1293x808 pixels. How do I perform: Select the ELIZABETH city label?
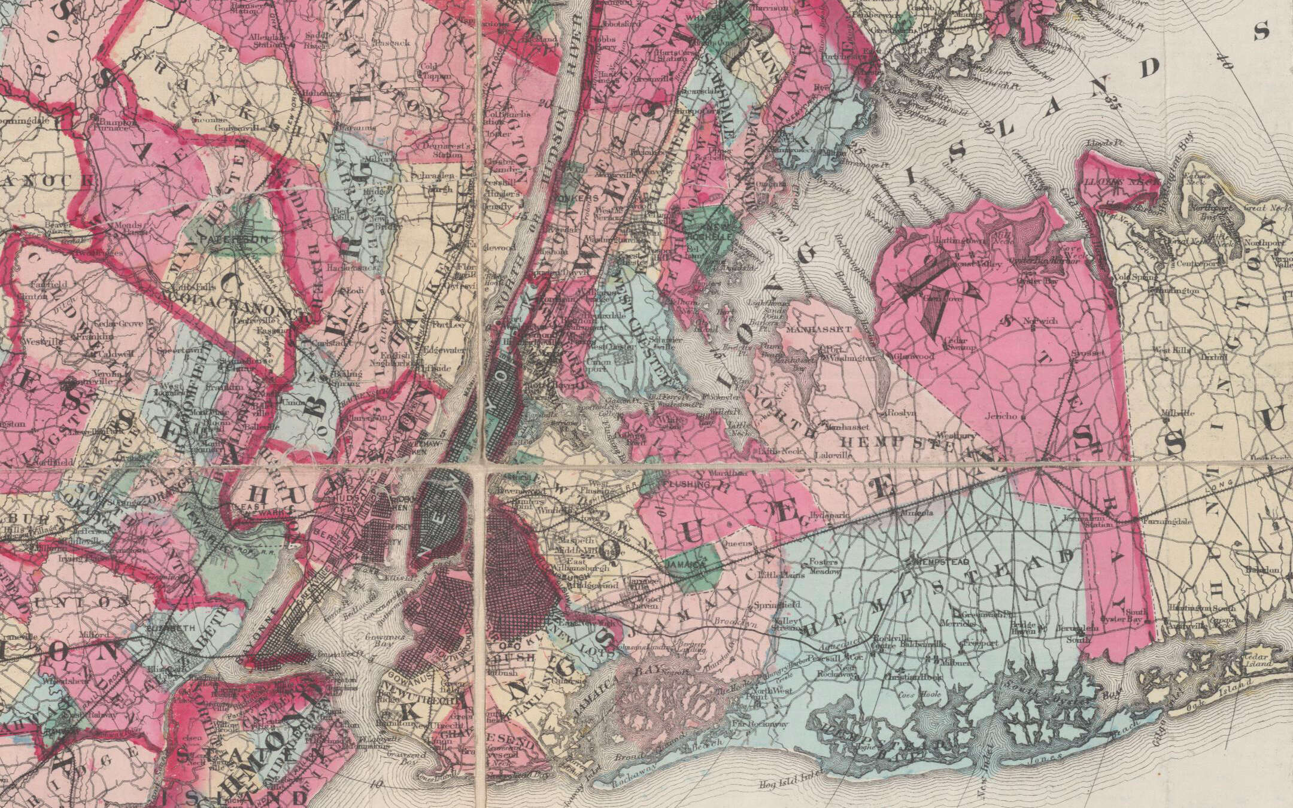[176, 628]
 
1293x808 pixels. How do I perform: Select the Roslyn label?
[894, 413]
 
